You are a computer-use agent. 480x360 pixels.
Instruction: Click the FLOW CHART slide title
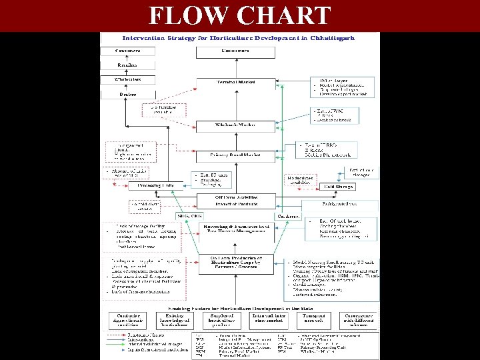239,15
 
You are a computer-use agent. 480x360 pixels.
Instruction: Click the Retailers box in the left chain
127,65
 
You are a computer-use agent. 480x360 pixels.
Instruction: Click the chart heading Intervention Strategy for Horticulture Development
237,38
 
